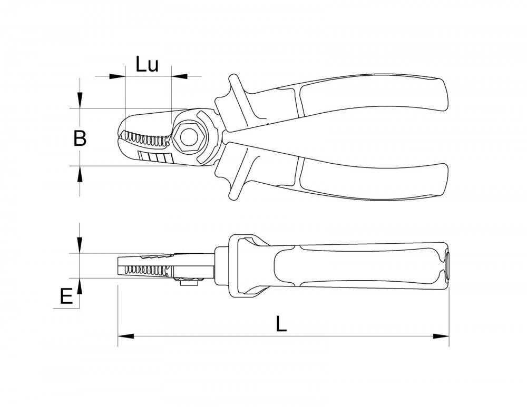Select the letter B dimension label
click(80, 138)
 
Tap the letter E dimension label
click(66, 296)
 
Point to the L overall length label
click(281, 324)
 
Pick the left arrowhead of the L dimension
click(126, 336)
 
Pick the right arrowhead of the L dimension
click(441, 336)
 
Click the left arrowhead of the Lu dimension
click(117, 76)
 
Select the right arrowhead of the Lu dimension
click(179, 76)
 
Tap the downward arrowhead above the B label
click(80, 101)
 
